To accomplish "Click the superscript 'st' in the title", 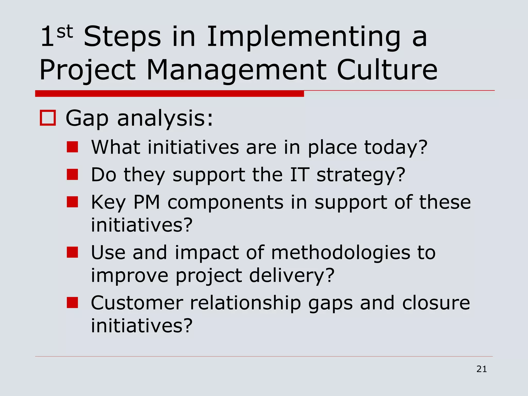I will pyautogui.click(x=65, y=32).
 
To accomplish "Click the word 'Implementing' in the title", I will pyautogui.click(x=303, y=37).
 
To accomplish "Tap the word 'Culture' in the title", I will pyautogui.click(x=387, y=70).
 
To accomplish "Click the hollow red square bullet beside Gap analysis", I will pyautogui.click(x=48, y=118).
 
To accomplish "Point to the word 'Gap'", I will pyautogui.click(x=87, y=119).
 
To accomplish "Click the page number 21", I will pyautogui.click(x=482, y=369).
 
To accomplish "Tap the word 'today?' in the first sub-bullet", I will pyautogui.click(x=396, y=148).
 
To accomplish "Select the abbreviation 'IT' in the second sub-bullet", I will pyautogui.click(x=299, y=175).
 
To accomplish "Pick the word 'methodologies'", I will pyautogui.click(x=340, y=253).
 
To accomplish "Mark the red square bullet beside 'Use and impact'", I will pyautogui.click(x=72, y=252).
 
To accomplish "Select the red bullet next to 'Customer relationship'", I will pyautogui.click(x=72, y=302).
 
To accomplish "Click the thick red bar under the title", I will pyautogui.click(x=169, y=94).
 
